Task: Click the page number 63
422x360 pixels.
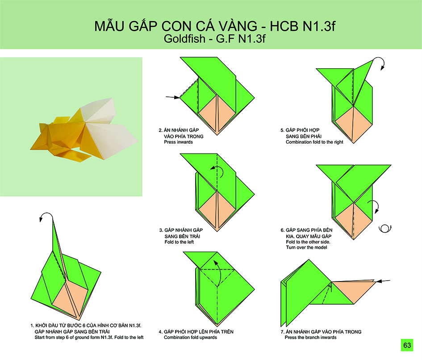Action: pos(407,345)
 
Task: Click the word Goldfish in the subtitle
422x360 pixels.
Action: pos(184,39)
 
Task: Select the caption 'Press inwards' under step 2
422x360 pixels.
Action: pos(178,142)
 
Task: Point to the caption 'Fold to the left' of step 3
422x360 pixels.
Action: pos(179,242)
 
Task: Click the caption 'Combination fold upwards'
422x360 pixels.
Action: pos(190,337)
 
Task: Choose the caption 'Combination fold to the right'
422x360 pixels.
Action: pos(314,142)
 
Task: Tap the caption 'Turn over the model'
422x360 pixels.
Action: pos(306,247)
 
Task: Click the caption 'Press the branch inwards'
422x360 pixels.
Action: pos(310,337)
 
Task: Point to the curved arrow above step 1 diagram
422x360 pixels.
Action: pos(46,214)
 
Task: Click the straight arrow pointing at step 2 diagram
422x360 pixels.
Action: pos(172,97)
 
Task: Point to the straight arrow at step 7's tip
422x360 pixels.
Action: pos(383,281)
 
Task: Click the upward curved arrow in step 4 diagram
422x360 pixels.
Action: pos(220,272)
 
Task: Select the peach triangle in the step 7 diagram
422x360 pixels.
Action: pos(353,290)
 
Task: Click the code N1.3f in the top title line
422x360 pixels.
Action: pos(319,26)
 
